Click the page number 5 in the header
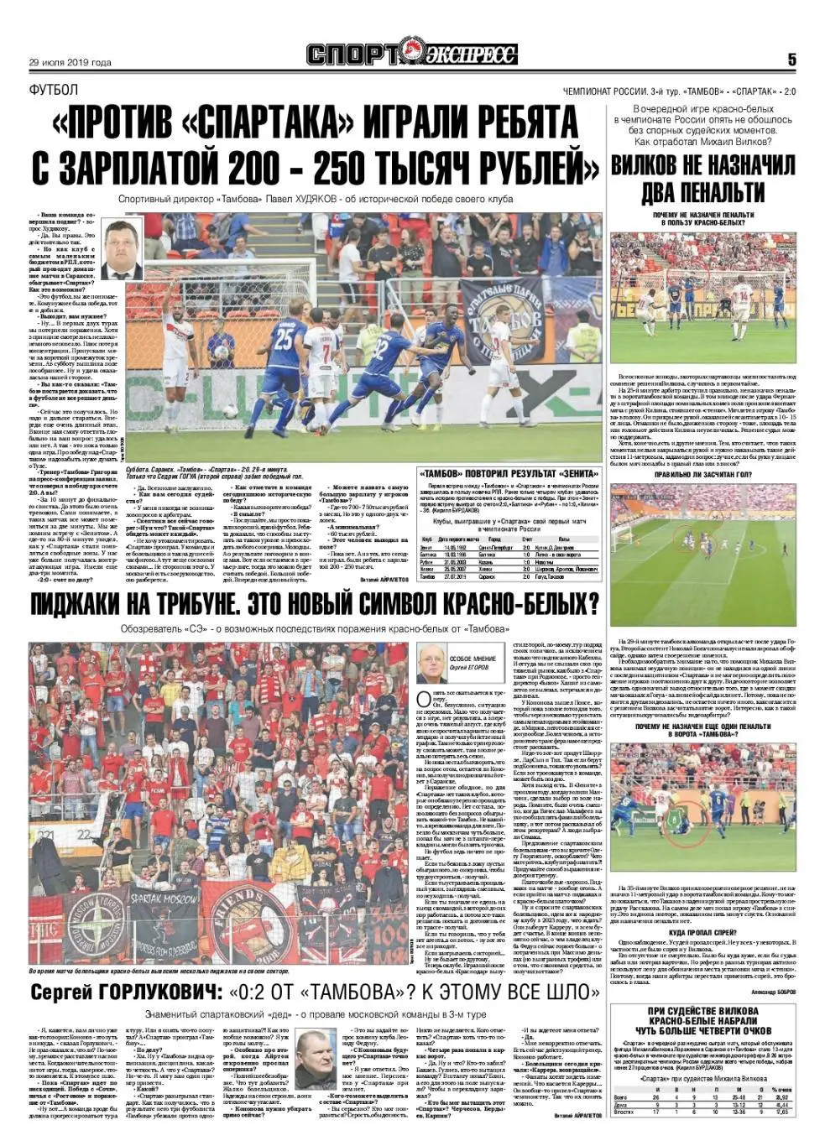tap(791, 60)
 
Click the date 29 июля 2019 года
tap(70, 62)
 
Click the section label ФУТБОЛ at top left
tap(53, 90)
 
